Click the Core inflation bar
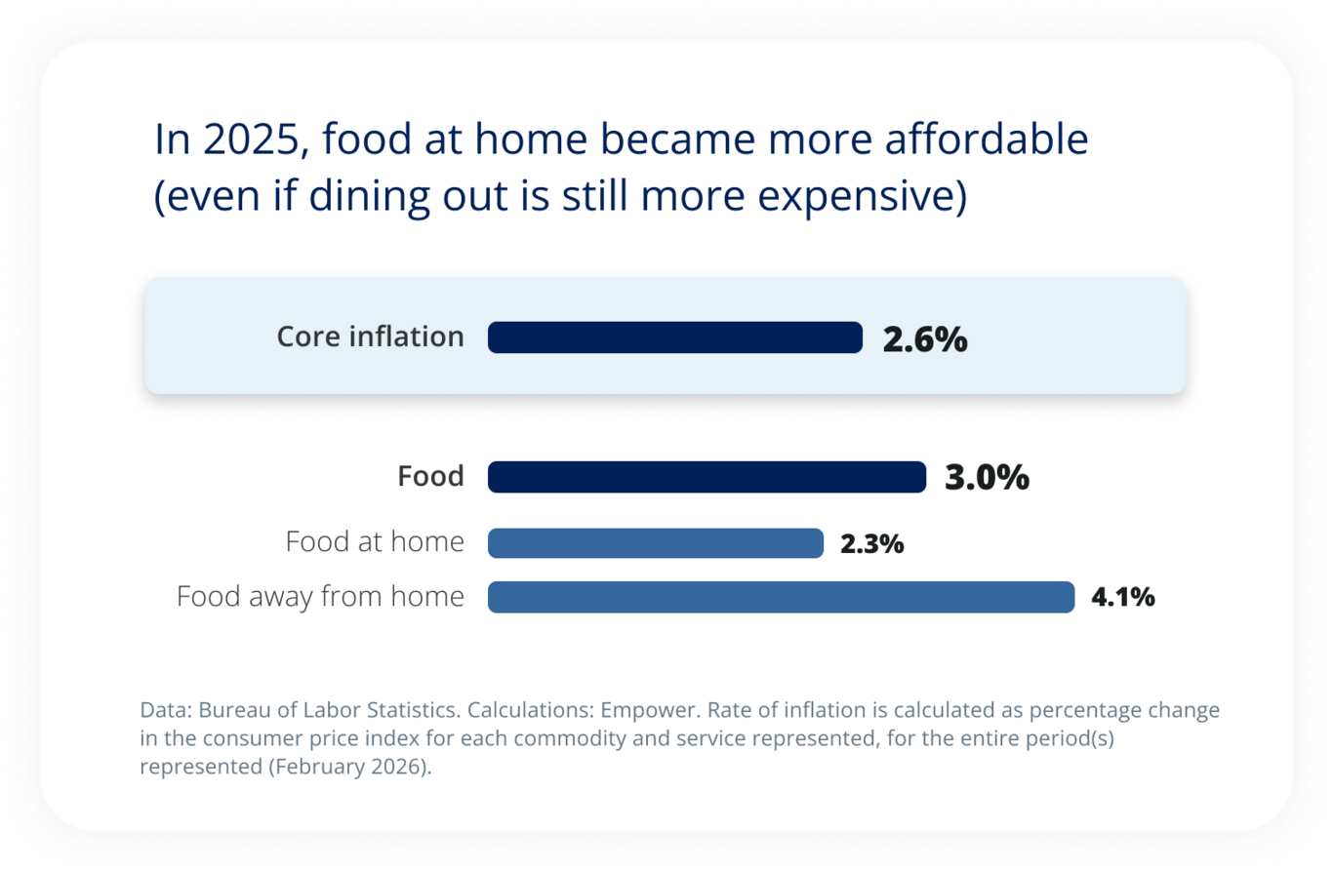pyautogui.click(x=674, y=337)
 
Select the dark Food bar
pyautogui.click(x=707, y=477)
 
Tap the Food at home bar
pyautogui.click(x=655, y=543)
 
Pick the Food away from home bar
pyautogui.click(x=781, y=597)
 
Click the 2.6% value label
pyautogui.click(x=924, y=339)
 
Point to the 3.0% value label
pyautogui.click(x=987, y=478)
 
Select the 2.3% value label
pyautogui.click(x=871, y=544)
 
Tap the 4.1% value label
pyautogui.click(x=1122, y=597)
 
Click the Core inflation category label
pyautogui.click(x=370, y=337)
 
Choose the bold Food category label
pyautogui.click(x=430, y=477)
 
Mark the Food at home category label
pyautogui.click(x=375, y=541)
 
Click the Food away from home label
pyautogui.click(x=320, y=596)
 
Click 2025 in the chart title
pyautogui.click(x=253, y=140)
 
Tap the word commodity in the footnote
pyautogui.click(x=585, y=738)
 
